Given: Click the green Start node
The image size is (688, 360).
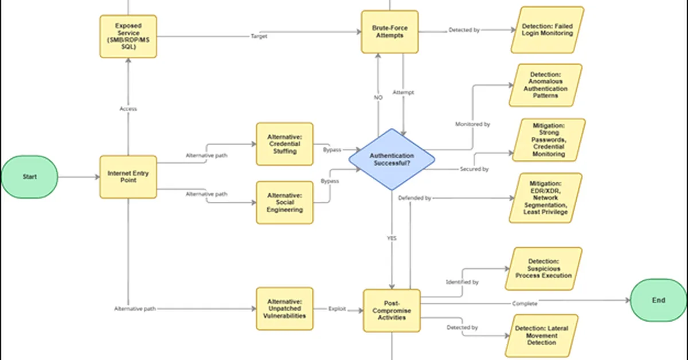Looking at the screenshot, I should (x=29, y=177).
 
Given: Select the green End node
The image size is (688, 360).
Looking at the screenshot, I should (x=658, y=300).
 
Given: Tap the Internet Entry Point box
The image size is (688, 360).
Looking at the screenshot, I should (x=128, y=177).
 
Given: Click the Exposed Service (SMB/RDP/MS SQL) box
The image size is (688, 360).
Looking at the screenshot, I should (x=128, y=36).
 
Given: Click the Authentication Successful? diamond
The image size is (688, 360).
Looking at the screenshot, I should (x=392, y=159).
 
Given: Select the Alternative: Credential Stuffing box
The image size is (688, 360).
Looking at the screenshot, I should (x=284, y=144).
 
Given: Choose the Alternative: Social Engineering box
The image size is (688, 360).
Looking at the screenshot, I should (x=284, y=202).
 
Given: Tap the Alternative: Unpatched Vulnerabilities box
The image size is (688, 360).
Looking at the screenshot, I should (x=284, y=308).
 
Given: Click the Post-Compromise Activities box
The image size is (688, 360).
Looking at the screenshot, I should (x=392, y=310).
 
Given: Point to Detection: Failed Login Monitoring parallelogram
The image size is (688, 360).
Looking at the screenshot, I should (x=547, y=30).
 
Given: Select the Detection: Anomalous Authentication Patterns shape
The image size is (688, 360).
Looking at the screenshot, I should (x=548, y=85).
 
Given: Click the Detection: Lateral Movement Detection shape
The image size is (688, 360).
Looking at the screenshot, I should (x=541, y=335).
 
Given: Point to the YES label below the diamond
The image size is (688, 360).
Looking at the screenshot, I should (x=392, y=238).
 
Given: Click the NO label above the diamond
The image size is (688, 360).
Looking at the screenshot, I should (x=378, y=98).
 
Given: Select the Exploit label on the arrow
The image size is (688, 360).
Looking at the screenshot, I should (x=337, y=309).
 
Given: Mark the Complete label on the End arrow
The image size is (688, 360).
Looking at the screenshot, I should (x=525, y=303).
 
